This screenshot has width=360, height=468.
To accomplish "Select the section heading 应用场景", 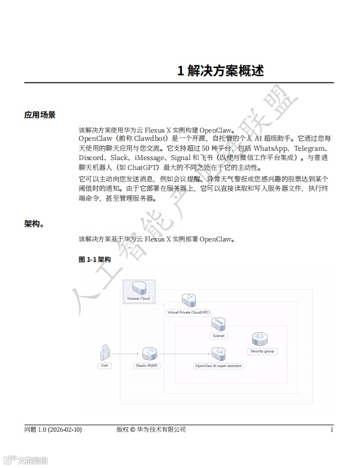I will (40, 115).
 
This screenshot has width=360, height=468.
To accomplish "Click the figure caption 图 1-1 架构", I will (95, 259).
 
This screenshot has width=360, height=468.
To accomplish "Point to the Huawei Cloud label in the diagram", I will (139, 299).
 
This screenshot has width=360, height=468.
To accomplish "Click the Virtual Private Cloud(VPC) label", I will (189, 312).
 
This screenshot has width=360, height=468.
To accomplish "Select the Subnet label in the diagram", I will (218, 335).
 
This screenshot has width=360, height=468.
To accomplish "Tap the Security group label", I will (263, 351).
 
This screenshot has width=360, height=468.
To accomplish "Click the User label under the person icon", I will (104, 365).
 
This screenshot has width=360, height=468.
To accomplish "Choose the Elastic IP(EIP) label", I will (147, 365).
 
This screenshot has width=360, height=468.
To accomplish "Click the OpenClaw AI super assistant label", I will (219, 365).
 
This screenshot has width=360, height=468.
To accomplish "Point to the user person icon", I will (104, 352).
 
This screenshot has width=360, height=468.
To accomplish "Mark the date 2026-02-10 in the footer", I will (65, 430).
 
